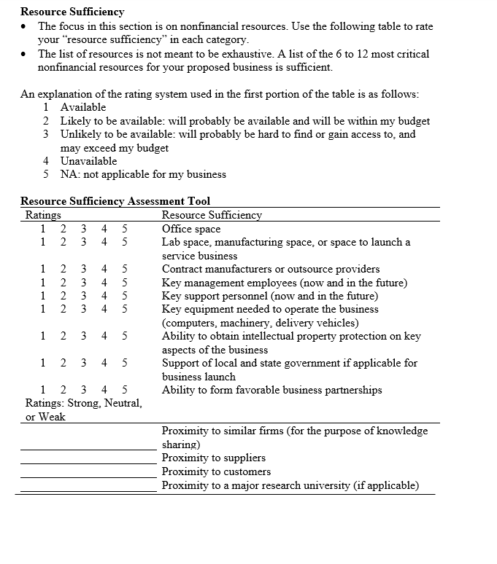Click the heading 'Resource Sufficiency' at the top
click(72, 12)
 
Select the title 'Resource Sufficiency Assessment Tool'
click(115, 201)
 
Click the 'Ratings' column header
click(43, 215)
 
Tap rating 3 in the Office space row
click(84, 229)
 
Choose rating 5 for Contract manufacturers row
click(125, 269)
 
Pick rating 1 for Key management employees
click(43, 283)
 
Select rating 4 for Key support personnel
click(105, 296)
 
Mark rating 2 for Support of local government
click(63, 363)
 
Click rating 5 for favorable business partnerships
click(125, 390)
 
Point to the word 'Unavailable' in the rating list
click(88, 161)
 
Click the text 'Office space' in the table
click(190, 229)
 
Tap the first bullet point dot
click(26, 26)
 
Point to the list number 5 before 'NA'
click(46, 174)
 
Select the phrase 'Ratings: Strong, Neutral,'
click(83, 403)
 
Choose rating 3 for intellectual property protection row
click(84, 336)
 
